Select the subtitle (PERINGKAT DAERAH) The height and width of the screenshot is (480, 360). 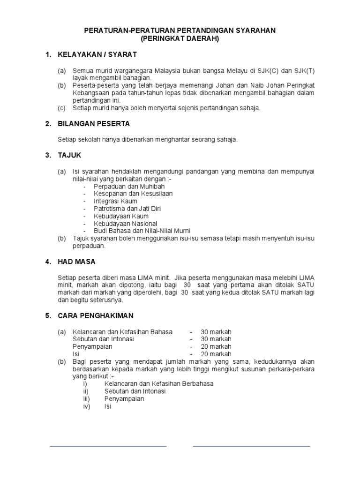point(180,39)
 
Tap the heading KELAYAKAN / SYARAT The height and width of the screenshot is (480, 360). point(97,55)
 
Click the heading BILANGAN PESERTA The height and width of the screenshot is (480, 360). point(94,124)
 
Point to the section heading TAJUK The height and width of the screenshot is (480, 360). point(69,155)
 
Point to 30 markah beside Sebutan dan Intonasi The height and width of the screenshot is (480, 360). point(216,339)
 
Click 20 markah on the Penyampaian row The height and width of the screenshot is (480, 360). point(216,346)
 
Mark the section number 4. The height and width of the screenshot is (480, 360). point(48,262)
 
